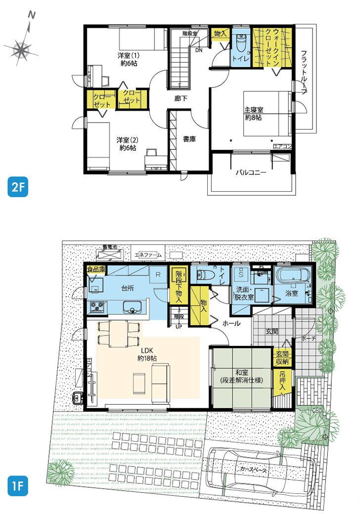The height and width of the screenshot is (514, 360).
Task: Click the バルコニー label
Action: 251,173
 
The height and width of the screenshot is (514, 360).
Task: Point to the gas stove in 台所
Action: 96,307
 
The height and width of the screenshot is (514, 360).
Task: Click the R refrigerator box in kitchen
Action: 157,273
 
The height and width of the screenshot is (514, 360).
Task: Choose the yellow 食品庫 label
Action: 96,270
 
